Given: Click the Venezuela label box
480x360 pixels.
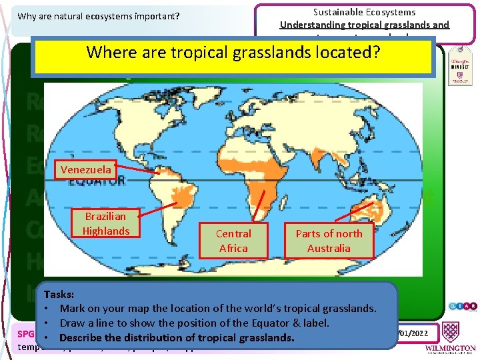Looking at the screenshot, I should point(86,169).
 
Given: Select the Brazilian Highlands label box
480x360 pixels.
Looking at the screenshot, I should point(106,223).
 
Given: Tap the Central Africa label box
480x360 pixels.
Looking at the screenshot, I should point(233,241).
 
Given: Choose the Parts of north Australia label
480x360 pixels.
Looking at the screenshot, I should point(329,241).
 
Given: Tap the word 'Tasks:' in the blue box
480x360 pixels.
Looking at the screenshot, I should point(59,294).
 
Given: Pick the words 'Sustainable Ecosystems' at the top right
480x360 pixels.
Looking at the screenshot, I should point(364,12).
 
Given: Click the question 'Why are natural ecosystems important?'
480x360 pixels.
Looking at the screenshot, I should point(99,15).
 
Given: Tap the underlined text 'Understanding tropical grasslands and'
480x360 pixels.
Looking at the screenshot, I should point(365,25).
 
